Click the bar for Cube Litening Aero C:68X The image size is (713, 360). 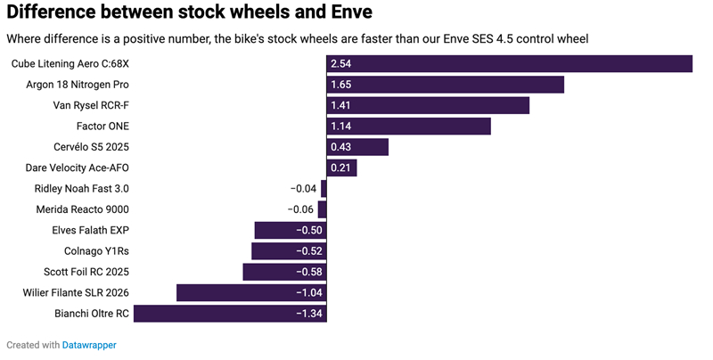509,64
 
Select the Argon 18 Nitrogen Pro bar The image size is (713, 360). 445,85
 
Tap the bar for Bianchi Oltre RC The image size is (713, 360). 230,313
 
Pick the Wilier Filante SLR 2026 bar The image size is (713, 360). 251,292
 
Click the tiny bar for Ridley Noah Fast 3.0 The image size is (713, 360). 324,189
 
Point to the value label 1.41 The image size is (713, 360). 341,106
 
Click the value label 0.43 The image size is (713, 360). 341,147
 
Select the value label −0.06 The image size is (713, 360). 301,209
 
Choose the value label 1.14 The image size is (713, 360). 341,127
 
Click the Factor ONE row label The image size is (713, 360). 102,127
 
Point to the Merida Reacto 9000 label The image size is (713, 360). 82,209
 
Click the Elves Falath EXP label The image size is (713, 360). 91,230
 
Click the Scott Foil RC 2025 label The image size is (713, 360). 86,272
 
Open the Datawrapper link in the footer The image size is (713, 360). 89,344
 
